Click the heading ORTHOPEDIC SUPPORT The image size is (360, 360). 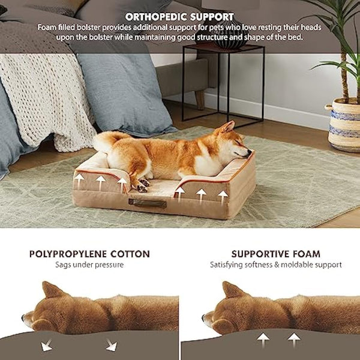[x=179, y=16]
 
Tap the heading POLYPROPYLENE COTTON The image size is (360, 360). [x=89, y=254]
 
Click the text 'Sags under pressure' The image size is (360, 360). [x=89, y=265]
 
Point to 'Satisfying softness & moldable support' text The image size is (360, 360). [x=275, y=265]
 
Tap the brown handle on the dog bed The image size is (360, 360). [x=147, y=203]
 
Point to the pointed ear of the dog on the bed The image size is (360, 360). [x=227, y=127]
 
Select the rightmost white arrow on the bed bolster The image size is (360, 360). [x=223, y=195]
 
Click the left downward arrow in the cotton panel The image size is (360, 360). [x=47, y=345]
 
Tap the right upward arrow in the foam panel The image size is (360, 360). [x=293, y=340]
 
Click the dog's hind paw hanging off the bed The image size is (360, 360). [x=142, y=187]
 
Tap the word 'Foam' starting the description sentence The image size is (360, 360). [x=47, y=28]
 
